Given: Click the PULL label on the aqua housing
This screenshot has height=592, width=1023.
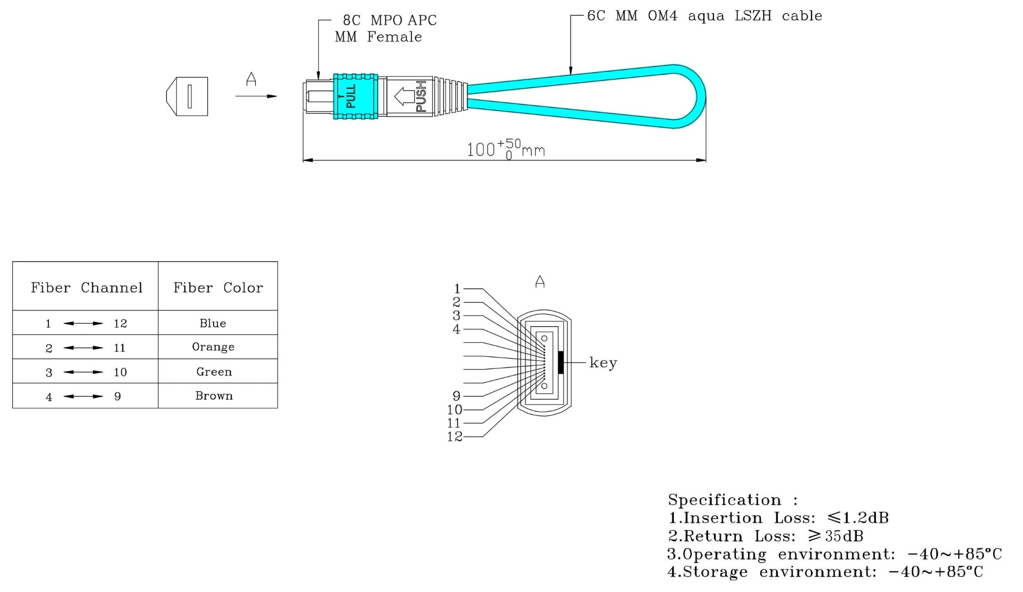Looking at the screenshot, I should (x=351, y=96).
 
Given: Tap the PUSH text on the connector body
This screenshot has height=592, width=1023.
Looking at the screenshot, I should (x=421, y=96).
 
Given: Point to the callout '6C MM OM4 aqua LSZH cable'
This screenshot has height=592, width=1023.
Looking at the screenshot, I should (x=704, y=16).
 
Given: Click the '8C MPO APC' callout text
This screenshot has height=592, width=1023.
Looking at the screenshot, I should (x=389, y=20).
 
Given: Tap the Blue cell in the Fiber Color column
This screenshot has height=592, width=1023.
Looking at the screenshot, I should (x=213, y=323).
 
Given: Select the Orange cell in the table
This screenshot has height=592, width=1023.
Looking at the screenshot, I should (x=213, y=347).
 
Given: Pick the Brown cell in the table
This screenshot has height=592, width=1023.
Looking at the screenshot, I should (x=214, y=396).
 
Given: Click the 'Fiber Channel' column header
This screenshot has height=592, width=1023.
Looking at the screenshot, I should (x=86, y=287).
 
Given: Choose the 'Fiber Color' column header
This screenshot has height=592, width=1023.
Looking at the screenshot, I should (x=218, y=287).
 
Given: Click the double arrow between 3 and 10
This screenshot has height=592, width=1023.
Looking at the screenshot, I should (x=83, y=372).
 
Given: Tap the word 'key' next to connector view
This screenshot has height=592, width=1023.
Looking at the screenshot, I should (x=603, y=363).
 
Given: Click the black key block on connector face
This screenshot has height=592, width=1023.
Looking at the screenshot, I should (x=561, y=363).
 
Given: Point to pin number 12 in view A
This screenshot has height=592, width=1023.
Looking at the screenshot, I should (x=454, y=437).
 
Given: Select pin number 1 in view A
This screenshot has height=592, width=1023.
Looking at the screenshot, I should (x=457, y=289).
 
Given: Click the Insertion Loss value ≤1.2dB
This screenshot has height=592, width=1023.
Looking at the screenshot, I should (x=858, y=517).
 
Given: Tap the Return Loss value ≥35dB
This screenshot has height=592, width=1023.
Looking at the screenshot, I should (x=835, y=536).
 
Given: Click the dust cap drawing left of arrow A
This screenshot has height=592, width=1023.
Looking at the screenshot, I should (x=188, y=96).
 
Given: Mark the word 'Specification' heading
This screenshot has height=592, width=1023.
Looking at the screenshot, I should (x=724, y=500).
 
